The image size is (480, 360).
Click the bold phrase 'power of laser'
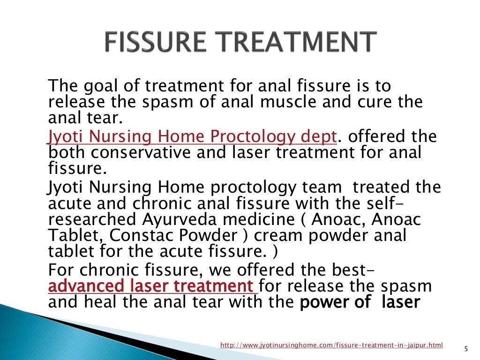(x=359, y=302)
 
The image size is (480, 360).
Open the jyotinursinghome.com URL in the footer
(x=331, y=345)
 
